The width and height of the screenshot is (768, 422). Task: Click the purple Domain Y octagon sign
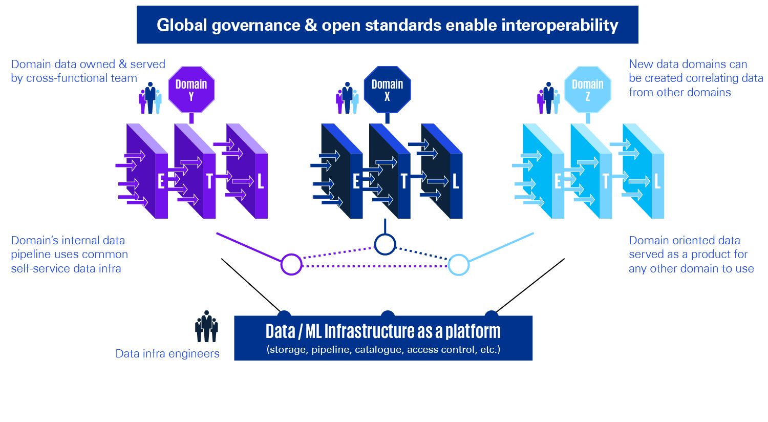point(191,90)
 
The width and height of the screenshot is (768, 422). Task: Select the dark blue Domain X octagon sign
point(387,90)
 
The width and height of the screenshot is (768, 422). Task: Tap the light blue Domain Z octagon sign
point(588,90)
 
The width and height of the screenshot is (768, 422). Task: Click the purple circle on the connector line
point(291,264)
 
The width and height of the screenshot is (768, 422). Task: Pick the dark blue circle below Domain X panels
point(385,245)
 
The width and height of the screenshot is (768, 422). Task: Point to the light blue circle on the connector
point(458,265)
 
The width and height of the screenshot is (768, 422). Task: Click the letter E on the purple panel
point(161,181)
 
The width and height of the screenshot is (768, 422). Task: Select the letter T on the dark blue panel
point(404,181)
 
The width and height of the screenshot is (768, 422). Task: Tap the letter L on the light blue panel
point(657,181)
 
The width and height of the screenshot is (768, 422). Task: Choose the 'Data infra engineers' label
point(167,353)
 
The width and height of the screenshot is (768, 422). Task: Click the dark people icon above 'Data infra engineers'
point(206,326)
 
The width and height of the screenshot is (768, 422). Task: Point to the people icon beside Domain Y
point(150,98)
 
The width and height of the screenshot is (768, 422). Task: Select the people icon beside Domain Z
point(548,98)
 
